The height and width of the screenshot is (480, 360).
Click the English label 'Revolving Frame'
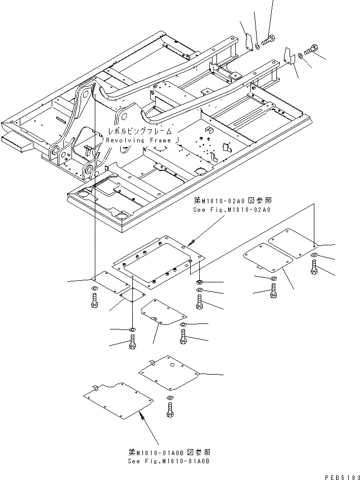[139, 140]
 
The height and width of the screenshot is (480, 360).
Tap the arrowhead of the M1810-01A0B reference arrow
[142, 414]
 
